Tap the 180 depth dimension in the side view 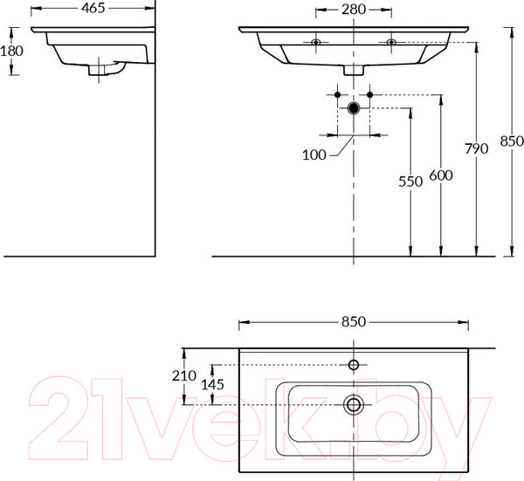tap(11, 52)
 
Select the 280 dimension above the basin tap(354, 10)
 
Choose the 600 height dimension tap(441, 175)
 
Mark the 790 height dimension tap(475, 148)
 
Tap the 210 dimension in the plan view tap(185, 375)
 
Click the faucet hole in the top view tap(354, 364)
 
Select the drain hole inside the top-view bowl tap(354, 404)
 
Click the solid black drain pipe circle tap(354, 108)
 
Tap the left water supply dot tap(337, 93)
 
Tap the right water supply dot tap(370, 93)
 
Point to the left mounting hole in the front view tap(316, 41)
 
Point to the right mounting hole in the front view tap(390, 41)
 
